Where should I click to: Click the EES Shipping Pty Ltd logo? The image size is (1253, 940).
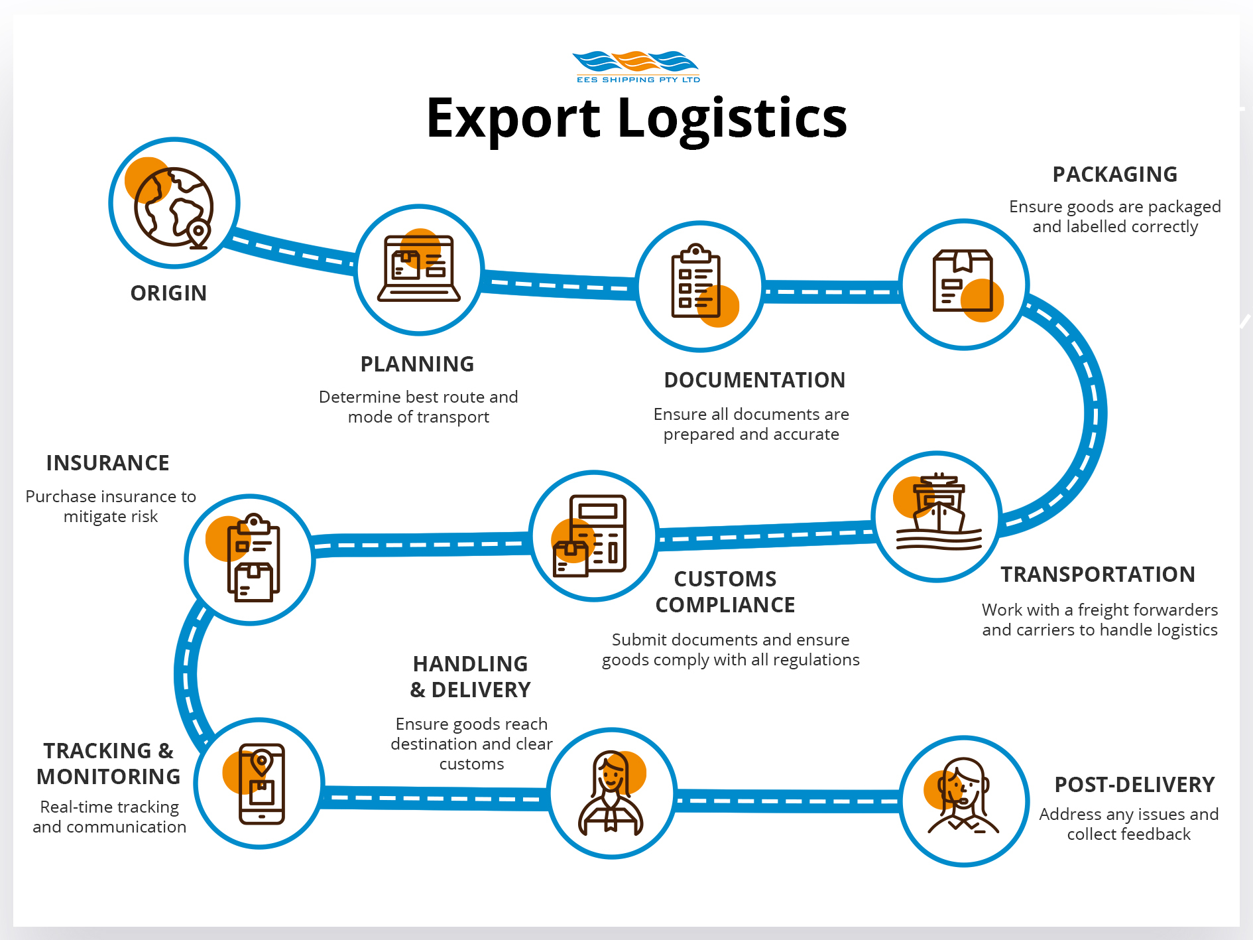(636, 67)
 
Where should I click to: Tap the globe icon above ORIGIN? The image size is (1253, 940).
(174, 206)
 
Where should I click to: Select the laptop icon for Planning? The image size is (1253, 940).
(419, 269)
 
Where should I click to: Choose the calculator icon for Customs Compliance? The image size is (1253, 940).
(589, 536)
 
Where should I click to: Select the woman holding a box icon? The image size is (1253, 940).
(611, 793)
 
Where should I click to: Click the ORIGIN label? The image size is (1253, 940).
(168, 293)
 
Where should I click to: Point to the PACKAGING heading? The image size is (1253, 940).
(1115, 174)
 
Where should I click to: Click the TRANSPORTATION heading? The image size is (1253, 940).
(1098, 574)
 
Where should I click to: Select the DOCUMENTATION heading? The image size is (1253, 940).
(754, 380)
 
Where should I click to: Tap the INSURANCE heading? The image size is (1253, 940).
(107, 463)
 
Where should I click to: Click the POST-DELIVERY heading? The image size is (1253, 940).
(1134, 785)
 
